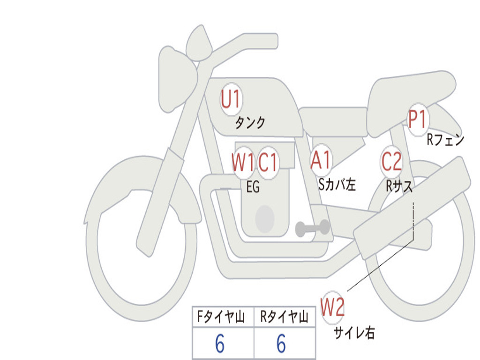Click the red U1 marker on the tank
[x=231, y=99]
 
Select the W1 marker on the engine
[x=242, y=162]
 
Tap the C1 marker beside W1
[x=268, y=162]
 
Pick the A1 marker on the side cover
[x=321, y=160]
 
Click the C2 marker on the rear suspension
[x=391, y=161]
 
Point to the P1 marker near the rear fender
[x=417, y=120]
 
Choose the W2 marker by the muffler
[x=332, y=307]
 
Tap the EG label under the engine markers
[x=253, y=187]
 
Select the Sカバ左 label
[x=337, y=184]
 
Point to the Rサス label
[x=399, y=186]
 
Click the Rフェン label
[x=445, y=140]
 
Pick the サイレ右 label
[x=354, y=332]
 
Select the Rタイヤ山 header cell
[x=285, y=317]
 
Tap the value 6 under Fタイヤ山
[x=220, y=343]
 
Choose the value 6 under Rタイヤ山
[x=281, y=343]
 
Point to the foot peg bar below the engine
[x=312, y=228]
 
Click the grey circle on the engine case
[x=265, y=219]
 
